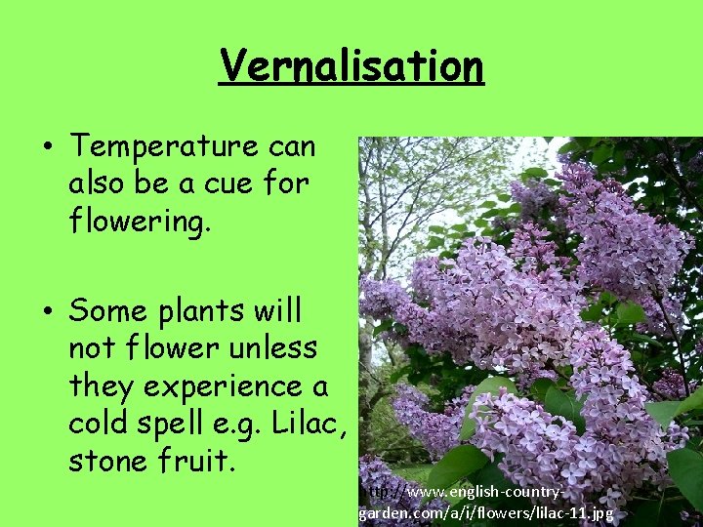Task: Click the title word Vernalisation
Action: [351, 66]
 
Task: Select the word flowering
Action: [139, 221]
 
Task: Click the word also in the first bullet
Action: [100, 183]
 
